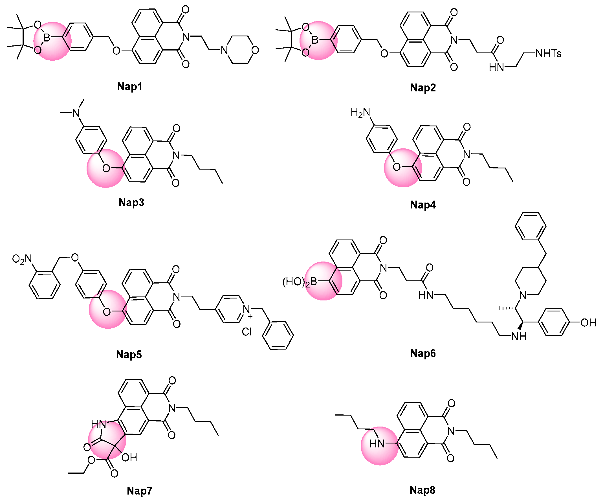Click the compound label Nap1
pos(130,87)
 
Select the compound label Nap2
pos(423,87)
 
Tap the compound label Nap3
pos(131,203)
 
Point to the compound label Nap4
pos(423,205)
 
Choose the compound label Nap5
pos(129,355)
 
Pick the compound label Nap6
pos(423,353)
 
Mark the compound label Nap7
pos(139,491)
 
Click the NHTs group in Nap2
pos(548,54)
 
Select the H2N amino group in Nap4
pos(360,112)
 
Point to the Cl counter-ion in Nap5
pos(248,332)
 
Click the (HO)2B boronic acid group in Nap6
pos(300,282)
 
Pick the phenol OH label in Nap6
pos(588,323)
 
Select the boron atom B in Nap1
pos(47,37)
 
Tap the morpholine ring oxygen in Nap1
pos(255,50)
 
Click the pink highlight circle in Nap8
pos(379,445)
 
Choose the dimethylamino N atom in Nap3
pos(76,113)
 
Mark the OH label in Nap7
pos(129,458)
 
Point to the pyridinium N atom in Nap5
pos(247,309)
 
